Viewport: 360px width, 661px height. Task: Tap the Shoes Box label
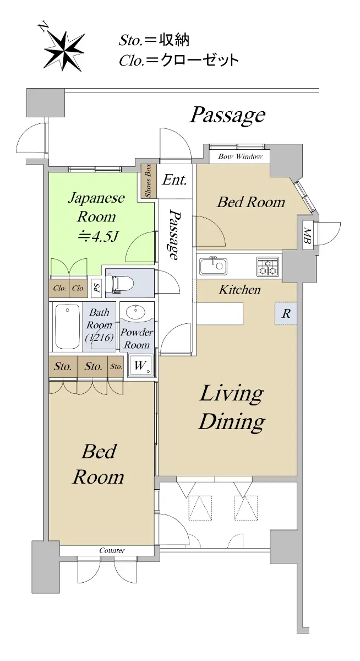pos(148,181)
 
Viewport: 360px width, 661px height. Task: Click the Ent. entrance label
pos(174,180)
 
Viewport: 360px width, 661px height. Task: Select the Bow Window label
pos(241,156)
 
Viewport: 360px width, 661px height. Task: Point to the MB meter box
pos(308,236)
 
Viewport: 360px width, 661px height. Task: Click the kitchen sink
pos(214,266)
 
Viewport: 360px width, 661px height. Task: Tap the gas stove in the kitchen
pos(268,266)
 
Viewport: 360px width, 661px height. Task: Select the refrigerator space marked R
pos(286,313)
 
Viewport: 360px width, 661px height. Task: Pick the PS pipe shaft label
pos(96,288)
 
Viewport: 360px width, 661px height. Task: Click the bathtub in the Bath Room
pos(68,327)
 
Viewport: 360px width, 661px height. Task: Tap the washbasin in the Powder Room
pos(135,311)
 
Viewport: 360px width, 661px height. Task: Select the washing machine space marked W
pos(140,365)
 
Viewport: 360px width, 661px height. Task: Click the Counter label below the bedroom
pos(112,550)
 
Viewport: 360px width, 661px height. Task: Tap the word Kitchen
pos(239,290)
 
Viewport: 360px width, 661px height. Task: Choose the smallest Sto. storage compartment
pos(116,366)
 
